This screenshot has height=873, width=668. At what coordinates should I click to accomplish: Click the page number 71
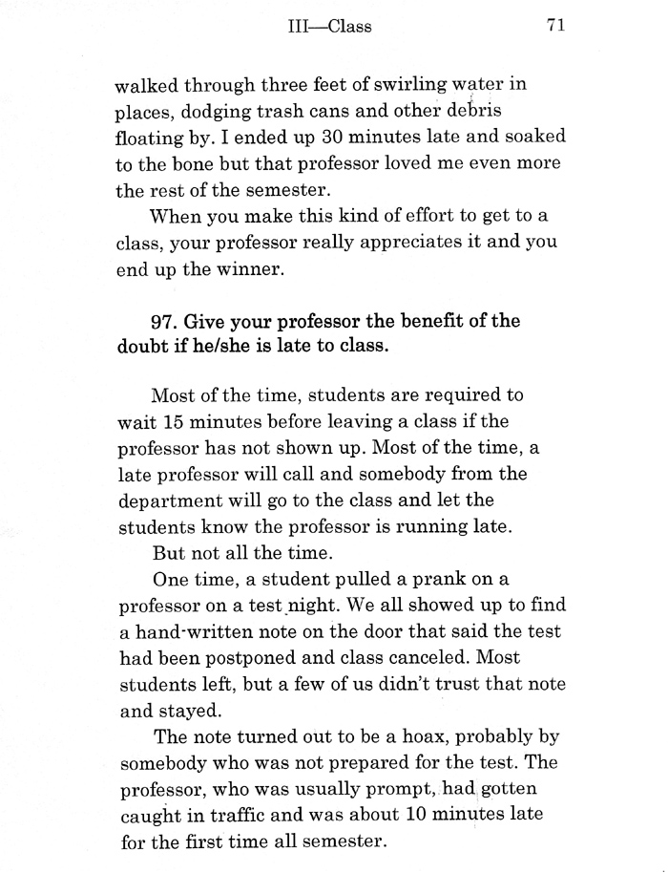click(557, 26)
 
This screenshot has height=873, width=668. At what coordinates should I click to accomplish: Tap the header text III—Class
click(329, 27)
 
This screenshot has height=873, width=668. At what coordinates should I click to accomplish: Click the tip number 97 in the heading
click(167, 321)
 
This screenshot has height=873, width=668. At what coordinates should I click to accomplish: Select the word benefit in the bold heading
click(422, 321)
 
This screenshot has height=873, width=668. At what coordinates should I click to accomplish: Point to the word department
click(172, 500)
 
